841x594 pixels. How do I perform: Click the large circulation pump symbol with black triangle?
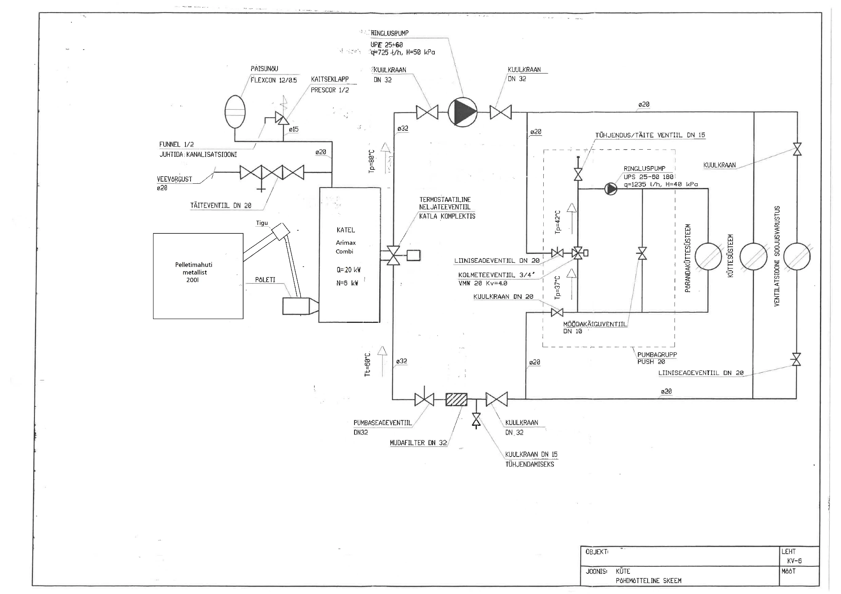click(x=463, y=112)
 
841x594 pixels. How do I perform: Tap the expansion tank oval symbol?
click(x=235, y=111)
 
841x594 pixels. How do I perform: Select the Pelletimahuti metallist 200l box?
click(x=198, y=276)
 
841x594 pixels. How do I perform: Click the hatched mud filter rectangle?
click(x=456, y=399)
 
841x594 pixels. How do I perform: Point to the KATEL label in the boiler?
click(x=346, y=230)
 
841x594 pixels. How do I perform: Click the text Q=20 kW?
click(x=348, y=270)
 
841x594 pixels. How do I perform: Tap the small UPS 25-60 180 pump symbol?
click(x=611, y=189)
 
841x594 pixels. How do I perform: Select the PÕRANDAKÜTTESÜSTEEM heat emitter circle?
click(x=708, y=256)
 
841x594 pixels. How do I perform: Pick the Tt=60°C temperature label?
click(x=368, y=364)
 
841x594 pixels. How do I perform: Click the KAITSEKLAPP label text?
click(x=330, y=79)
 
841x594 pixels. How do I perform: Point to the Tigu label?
click(x=262, y=223)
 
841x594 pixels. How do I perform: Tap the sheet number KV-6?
click(x=794, y=561)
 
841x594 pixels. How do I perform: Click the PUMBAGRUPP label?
click(x=657, y=354)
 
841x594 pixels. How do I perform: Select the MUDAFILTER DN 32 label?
click(x=418, y=443)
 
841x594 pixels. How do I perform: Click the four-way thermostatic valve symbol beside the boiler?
click(x=394, y=255)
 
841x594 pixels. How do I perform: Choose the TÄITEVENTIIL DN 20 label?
click(x=221, y=206)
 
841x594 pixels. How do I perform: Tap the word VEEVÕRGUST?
click(x=175, y=179)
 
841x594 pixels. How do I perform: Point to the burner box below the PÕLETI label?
click(x=296, y=306)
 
